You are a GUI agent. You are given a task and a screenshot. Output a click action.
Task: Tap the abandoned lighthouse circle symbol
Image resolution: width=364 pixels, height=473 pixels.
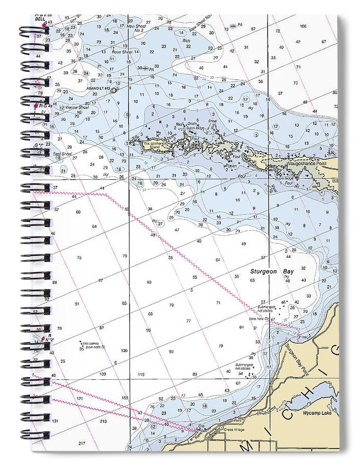[113, 90]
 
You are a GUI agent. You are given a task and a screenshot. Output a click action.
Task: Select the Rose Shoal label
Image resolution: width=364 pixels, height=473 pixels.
[121, 52]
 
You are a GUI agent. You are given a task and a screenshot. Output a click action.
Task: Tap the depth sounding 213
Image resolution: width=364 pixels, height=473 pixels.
[103, 420]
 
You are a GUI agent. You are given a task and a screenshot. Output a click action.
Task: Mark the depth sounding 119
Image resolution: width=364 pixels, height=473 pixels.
[140, 375]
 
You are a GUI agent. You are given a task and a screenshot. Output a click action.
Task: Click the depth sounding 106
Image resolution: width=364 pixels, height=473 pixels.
[303, 26]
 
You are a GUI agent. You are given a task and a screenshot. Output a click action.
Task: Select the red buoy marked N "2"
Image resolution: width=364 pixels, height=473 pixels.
[44, 338]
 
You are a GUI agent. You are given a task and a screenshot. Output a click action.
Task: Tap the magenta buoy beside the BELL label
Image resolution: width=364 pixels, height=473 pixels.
[44, 24]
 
